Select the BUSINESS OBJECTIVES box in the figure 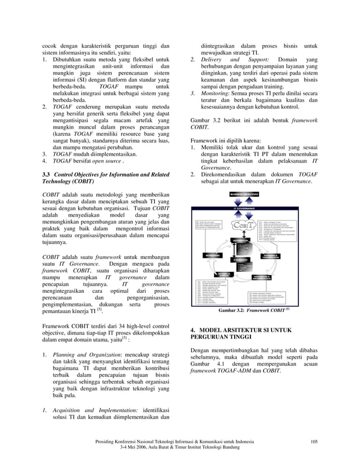click(x=244, y=194)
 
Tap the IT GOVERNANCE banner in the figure click(x=244, y=208)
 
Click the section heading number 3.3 click(x=47, y=175)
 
